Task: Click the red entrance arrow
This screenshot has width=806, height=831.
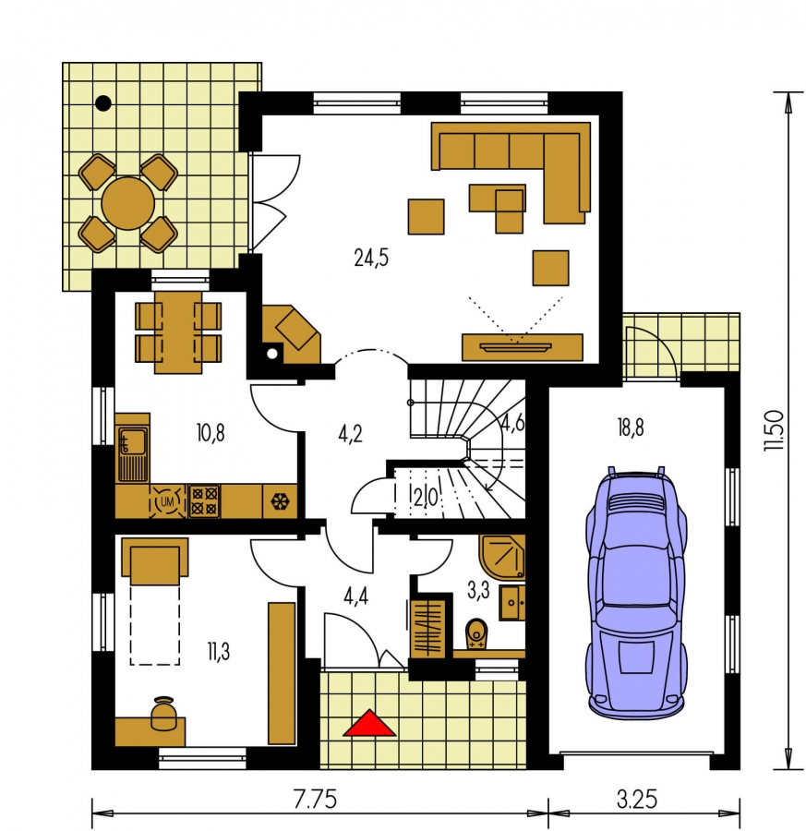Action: coord(369,724)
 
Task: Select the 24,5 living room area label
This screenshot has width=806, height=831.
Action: coord(371,258)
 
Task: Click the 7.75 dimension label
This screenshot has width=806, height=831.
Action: coord(316,800)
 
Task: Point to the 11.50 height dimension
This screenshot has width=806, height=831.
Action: coord(773,429)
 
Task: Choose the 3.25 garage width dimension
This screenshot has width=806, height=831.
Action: coord(637,800)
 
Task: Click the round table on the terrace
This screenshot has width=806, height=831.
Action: coord(127,203)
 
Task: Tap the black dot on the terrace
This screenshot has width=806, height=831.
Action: coord(103,102)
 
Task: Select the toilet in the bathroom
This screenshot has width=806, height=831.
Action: coord(476,632)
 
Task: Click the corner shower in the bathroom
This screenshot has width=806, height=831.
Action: coord(503,557)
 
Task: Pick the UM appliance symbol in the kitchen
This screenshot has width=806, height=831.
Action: coord(167,501)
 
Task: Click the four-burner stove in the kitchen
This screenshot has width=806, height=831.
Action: coord(205,501)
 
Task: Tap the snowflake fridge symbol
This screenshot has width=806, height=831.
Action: coord(279,501)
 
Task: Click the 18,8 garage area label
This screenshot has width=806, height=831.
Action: coord(631,428)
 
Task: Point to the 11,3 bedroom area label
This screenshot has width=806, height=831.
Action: coord(218,652)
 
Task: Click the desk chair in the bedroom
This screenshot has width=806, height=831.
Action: coord(163,714)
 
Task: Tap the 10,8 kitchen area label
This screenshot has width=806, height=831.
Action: coord(211,433)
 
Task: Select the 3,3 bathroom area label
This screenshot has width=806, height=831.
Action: coord(478,590)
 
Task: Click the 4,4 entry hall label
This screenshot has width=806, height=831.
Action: coord(355,596)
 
